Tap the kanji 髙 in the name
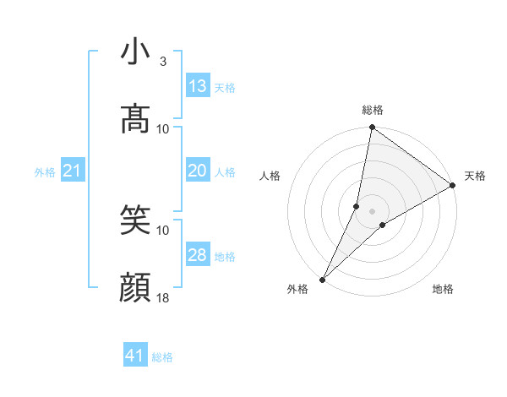(135, 118)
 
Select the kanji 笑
(135, 220)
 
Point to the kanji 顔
(135, 289)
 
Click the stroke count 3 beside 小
(163, 62)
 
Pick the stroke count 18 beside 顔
(163, 298)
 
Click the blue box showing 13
(198, 86)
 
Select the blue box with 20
(198, 171)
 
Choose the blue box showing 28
(198, 255)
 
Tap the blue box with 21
(73, 171)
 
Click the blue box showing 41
(135, 356)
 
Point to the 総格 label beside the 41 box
(162, 357)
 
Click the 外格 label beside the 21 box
(45, 172)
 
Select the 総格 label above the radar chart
(373, 110)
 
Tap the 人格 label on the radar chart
(270, 176)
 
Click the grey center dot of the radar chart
(373, 210)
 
